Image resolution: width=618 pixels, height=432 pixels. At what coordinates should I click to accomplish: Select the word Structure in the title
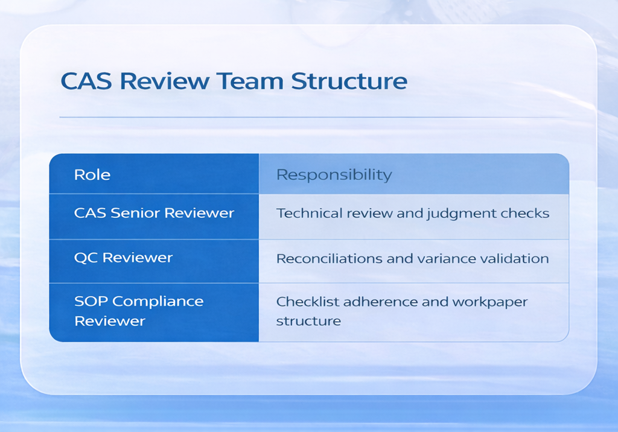348,80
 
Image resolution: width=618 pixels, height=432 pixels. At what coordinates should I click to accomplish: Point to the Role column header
92,175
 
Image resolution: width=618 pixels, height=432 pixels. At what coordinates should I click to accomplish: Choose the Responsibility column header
334,175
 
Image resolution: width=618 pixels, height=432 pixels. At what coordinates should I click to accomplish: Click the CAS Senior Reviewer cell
154,213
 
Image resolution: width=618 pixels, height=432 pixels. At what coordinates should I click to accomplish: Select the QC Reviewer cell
123,258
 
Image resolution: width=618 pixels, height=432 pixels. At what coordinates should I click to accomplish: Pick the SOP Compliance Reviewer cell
139,311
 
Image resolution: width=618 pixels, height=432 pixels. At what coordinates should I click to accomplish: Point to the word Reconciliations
324,259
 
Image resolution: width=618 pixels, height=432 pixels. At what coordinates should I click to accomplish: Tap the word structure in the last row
308,321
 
